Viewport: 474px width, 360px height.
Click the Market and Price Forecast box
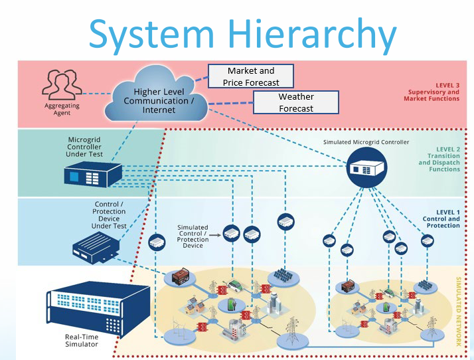tap(250, 76)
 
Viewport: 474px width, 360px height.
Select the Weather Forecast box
tap(296, 102)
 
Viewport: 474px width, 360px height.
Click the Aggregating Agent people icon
tap(62, 85)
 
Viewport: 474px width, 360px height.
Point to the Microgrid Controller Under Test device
tap(93, 174)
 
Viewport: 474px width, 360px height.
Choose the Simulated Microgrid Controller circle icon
tap(366, 167)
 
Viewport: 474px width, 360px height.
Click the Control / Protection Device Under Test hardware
tap(96, 248)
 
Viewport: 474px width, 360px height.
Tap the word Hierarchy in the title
tap(311, 34)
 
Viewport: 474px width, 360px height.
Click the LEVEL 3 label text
tap(447, 85)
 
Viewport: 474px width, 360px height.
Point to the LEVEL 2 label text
tap(448, 149)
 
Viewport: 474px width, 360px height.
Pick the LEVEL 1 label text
tap(448, 212)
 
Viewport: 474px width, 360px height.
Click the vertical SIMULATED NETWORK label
tap(458, 312)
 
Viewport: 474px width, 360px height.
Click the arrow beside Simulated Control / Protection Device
tap(214, 234)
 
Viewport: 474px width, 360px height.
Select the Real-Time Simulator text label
tap(82, 341)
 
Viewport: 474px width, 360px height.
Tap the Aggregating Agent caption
tap(62, 109)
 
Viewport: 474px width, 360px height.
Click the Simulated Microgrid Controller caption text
tap(366, 142)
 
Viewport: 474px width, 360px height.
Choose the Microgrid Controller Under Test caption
tap(84, 147)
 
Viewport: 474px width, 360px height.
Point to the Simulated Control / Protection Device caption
tap(193, 236)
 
